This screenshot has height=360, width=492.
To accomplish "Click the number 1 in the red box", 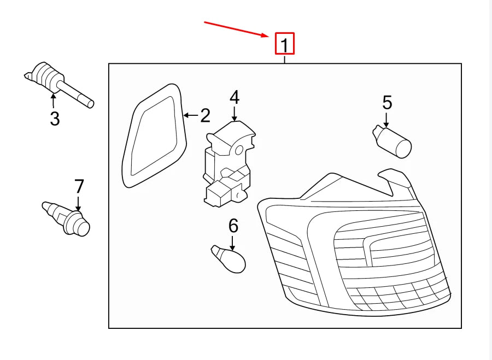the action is click(285, 45).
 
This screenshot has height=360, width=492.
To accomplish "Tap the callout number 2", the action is click(205, 115).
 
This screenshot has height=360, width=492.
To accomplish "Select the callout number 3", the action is click(55, 119).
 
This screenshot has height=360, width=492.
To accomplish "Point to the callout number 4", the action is click(235, 97).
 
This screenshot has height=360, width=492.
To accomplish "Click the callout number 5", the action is click(387, 103).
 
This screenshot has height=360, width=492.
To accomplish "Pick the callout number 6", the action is click(233, 226).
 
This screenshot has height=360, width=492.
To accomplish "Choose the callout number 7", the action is click(79, 186).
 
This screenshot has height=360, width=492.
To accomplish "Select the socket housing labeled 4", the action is click(229, 164).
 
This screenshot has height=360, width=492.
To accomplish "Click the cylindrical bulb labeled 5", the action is click(392, 141).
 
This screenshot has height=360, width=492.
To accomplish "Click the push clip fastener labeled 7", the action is click(66, 219).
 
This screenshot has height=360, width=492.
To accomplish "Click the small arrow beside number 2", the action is click(191, 115).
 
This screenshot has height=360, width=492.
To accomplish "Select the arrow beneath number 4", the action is click(235, 114).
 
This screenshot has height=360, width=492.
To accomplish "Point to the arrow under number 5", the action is click(386, 120).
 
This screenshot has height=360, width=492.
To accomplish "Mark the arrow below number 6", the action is click(232, 243).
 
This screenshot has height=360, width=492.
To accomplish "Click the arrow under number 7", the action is click(78, 203).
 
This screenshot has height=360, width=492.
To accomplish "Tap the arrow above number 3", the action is click(54, 101).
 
